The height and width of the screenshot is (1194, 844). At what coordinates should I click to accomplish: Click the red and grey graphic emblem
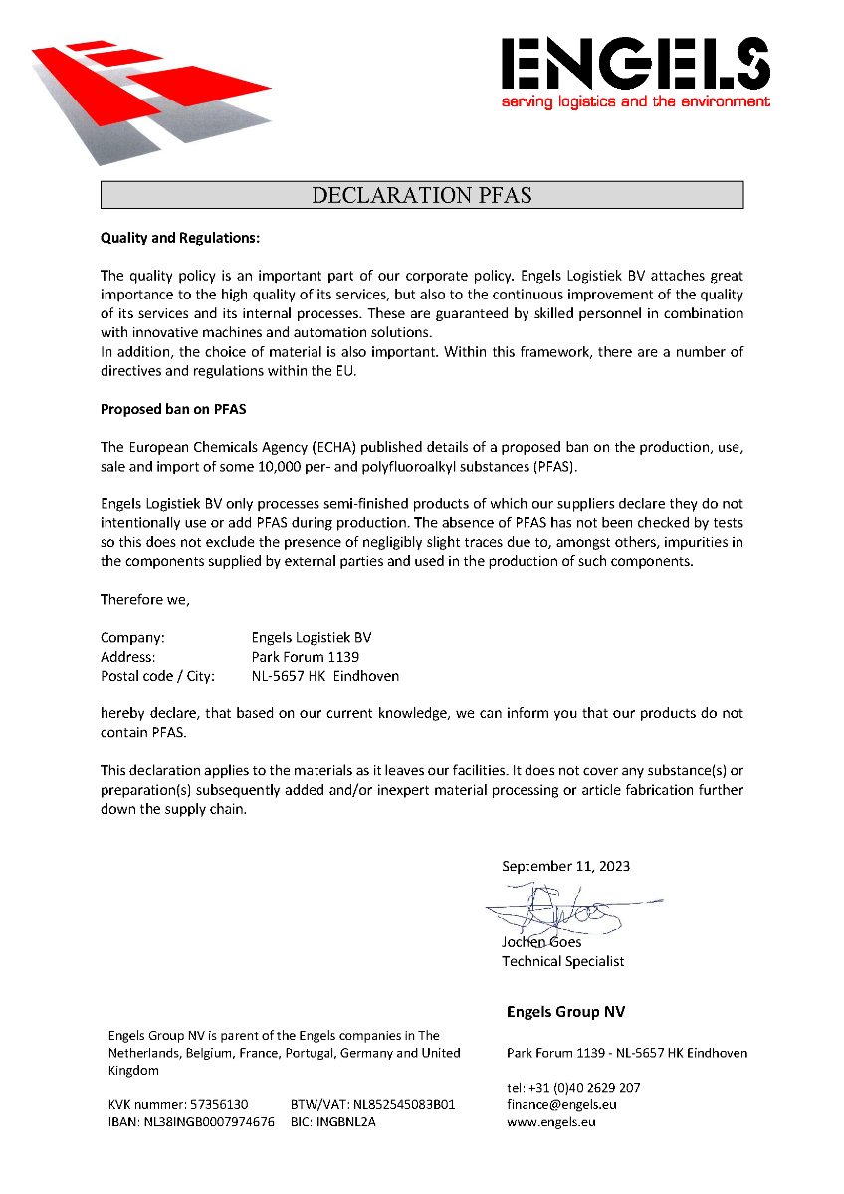[x=149, y=95]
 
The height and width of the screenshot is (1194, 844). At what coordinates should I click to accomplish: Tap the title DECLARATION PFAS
[x=422, y=195]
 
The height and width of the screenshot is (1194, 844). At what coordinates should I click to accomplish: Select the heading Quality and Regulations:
[x=180, y=239]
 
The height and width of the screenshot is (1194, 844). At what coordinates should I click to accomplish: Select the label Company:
[x=132, y=637]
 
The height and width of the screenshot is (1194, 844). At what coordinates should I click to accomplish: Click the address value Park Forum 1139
[x=306, y=657]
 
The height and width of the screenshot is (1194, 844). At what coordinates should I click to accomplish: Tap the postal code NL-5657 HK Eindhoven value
[x=325, y=676]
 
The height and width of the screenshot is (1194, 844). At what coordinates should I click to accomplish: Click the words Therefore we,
[x=145, y=599]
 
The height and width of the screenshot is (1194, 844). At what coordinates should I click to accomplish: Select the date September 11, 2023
[x=565, y=866]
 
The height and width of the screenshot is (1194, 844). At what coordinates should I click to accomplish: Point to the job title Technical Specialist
[x=562, y=961]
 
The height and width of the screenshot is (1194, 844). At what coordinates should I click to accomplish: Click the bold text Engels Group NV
[x=565, y=1012]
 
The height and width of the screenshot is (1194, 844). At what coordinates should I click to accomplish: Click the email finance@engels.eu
[x=561, y=1104]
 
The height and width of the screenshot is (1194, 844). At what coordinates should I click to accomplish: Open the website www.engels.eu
[x=550, y=1122]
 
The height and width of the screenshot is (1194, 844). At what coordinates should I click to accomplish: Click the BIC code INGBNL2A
[x=346, y=1122]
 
